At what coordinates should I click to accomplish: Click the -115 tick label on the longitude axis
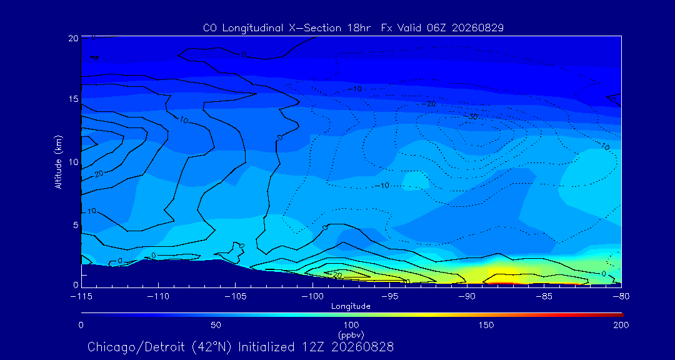click(x=81, y=297)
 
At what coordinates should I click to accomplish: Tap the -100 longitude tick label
click(x=312, y=297)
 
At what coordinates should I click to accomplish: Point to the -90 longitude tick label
click(x=467, y=297)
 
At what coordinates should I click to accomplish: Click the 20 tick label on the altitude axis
click(x=73, y=38)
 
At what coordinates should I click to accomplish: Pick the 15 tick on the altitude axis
click(x=74, y=99)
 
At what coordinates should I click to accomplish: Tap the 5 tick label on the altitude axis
click(x=76, y=225)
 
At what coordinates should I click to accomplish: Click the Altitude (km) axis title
click(x=58, y=161)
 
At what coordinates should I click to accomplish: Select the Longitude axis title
click(x=351, y=307)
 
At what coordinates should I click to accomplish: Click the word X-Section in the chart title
click(x=302, y=28)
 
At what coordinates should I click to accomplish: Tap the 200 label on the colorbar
click(x=621, y=325)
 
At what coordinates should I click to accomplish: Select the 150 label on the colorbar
click(x=486, y=325)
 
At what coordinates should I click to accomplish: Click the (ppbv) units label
click(x=351, y=334)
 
